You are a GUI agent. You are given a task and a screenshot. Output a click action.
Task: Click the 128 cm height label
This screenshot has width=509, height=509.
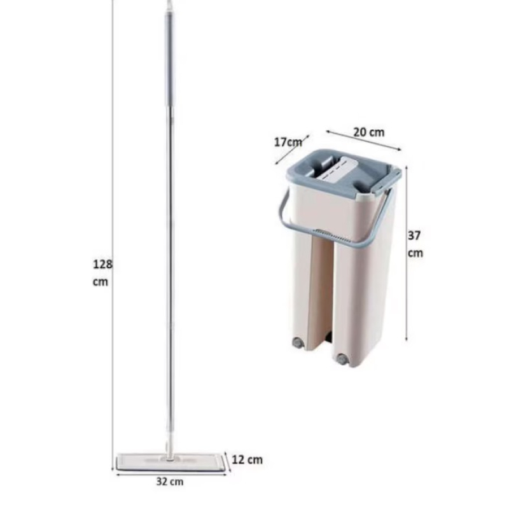[x=102, y=273]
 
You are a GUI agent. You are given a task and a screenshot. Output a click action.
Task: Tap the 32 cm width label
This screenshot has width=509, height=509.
[x=170, y=482]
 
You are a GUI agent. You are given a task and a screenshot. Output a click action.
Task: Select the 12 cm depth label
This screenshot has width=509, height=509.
[x=247, y=460]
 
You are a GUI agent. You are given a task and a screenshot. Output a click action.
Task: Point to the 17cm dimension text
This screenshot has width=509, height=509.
[x=288, y=142]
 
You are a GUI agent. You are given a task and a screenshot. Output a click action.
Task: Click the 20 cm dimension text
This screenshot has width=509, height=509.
[x=369, y=132]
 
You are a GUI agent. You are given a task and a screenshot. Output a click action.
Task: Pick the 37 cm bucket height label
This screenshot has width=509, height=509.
[x=415, y=244]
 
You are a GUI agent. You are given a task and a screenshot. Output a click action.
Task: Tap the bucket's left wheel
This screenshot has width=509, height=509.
[x=296, y=342]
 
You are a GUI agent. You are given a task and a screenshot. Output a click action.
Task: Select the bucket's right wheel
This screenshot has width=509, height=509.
[x=342, y=359]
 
